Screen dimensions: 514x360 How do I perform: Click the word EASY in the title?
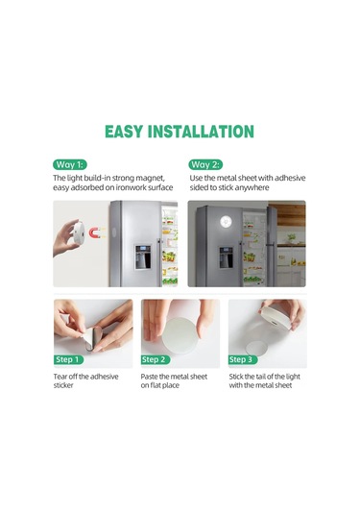(x=128, y=132)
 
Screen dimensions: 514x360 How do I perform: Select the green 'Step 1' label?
(x=70, y=359)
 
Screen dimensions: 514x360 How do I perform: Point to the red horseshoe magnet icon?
(x=90, y=233)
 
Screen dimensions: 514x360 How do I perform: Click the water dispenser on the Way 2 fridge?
(x=227, y=257)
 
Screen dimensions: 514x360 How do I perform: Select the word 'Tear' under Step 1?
(x=61, y=377)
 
